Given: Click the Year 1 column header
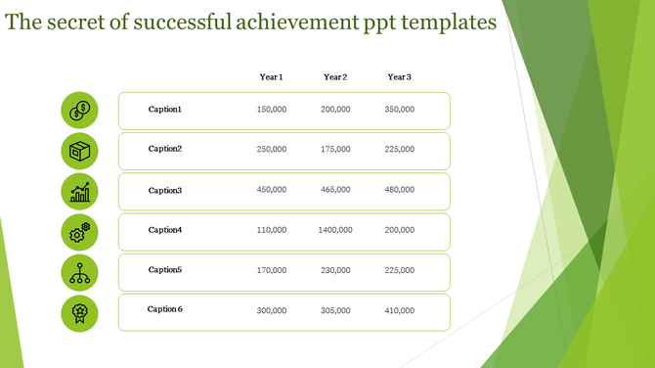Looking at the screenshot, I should [x=271, y=77].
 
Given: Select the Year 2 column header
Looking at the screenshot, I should [x=335, y=77].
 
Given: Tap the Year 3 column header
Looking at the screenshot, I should [x=399, y=77].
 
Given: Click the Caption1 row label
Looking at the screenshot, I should [x=165, y=110].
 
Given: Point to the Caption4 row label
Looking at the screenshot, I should [x=165, y=230].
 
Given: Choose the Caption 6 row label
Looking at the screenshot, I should [x=165, y=309].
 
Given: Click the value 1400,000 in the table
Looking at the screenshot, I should [x=335, y=230].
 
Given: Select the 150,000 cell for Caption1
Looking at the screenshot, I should [x=271, y=110].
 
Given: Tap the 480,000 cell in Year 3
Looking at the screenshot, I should [x=399, y=190].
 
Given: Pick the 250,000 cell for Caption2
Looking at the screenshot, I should [x=271, y=150].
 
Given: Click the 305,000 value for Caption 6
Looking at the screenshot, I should [x=335, y=310].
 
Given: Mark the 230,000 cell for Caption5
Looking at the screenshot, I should [x=335, y=270].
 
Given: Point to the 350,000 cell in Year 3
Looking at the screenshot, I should [x=399, y=110].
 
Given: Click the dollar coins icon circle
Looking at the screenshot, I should [x=79, y=110].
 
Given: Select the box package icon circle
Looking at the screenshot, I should [x=79, y=150].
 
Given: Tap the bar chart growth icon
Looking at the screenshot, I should [x=79, y=191].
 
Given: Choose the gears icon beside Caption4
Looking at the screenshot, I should [x=79, y=231].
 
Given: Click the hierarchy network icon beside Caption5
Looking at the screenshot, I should [x=79, y=271].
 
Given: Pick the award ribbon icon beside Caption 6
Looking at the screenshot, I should [x=79, y=311].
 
